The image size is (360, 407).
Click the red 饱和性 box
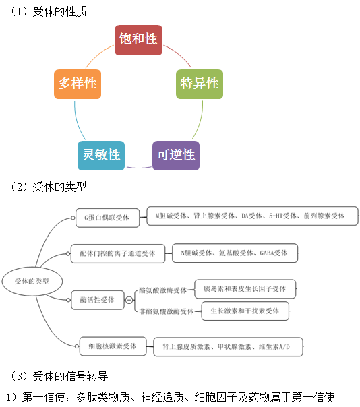click(x=138, y=40)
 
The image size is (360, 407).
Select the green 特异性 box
click(x=199, y=84)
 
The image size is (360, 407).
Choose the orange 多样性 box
click(x=78, y=84)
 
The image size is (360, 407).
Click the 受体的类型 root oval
click(x=32, y=280)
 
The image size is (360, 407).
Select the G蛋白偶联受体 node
click(x=107, y=217)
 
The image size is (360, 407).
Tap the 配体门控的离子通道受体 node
click(x=117, y=254)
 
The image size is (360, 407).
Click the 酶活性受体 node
click(x=97, y=301)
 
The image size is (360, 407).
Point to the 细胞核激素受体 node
click(x=113, y=346)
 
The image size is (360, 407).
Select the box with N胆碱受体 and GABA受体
click(x=234, y=253)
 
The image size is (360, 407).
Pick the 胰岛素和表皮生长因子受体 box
click(x=245, y=289)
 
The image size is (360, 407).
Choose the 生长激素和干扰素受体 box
click(x=245, y=311)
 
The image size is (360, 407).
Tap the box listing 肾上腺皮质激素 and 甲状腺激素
click(x=228, y=347)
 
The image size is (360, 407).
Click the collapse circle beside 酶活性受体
click(x=129, y=301)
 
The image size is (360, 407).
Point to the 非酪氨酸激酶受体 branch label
click(x=165, y=311)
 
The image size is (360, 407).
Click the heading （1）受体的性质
click(x=49, y=11)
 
